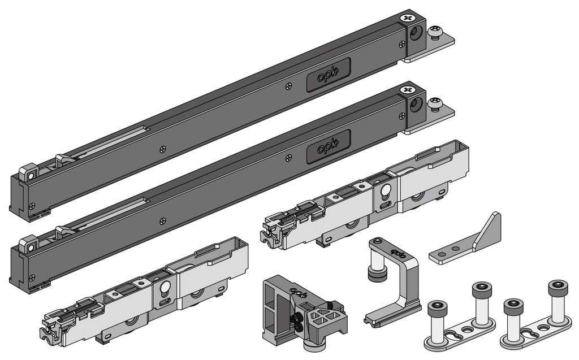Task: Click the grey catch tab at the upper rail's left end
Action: coord(28,172)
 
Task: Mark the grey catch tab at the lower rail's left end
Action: coord(28,245)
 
